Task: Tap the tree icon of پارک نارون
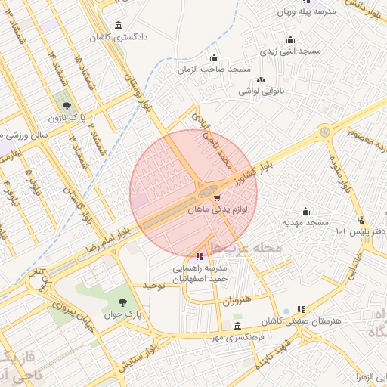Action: (68, 106)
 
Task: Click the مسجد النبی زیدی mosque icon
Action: (290, 40)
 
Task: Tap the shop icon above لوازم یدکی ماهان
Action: (218, 197)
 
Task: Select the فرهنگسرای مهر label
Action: (238, 337)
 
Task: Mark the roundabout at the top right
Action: (325, 132)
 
